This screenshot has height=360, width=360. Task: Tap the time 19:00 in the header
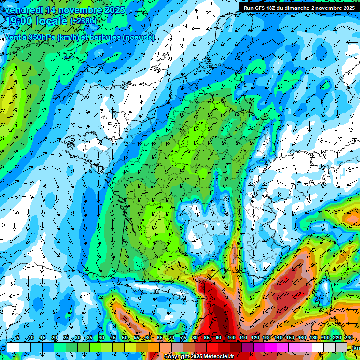18,21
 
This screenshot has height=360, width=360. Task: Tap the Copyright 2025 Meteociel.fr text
198,357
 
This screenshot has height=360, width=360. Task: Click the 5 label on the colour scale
18,337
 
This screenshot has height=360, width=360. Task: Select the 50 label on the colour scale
124,337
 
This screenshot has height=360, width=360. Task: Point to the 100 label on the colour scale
231,337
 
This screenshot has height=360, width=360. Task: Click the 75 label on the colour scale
184,337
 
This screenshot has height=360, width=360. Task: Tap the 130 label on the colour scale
267,337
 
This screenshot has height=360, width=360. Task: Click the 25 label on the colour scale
66,337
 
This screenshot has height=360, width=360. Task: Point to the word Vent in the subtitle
13,37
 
